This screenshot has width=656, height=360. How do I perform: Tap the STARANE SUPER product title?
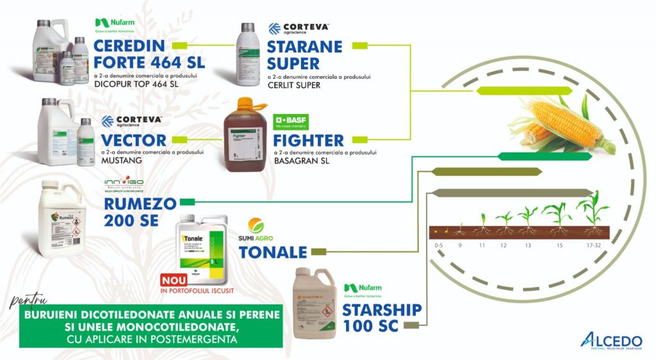pos(304,55)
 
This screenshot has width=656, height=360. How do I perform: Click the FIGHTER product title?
pos(308,140)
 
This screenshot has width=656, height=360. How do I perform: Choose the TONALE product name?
pos(273,252)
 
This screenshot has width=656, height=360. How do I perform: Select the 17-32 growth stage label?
pos(593,245)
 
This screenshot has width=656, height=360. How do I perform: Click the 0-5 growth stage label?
pos(438,245)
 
